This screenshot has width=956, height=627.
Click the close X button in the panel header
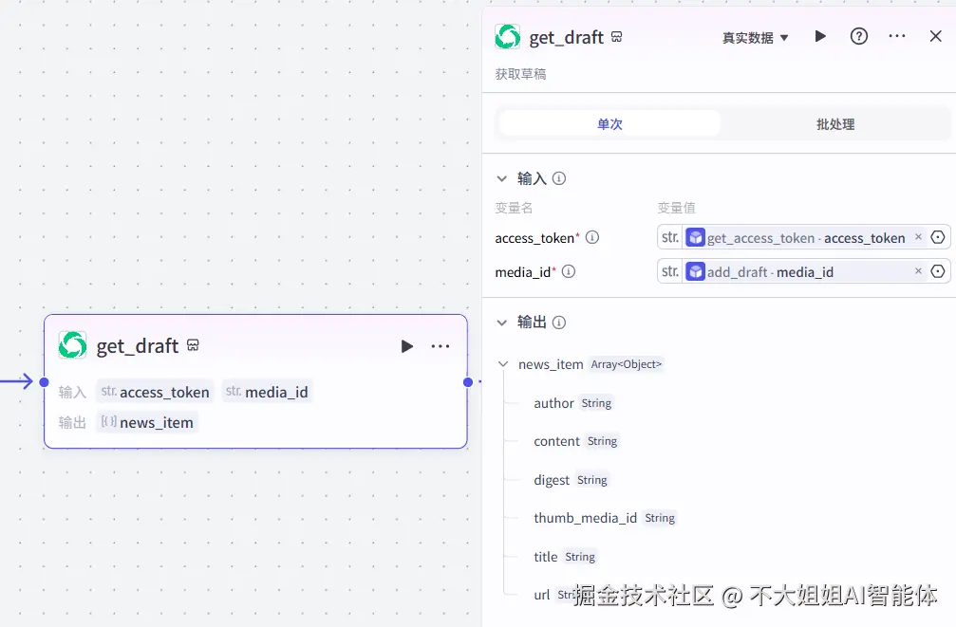click(935, 36)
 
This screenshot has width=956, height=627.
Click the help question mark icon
click(858, 36)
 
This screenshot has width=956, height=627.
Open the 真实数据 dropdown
click(756, 38)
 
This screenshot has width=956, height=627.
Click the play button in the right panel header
click(820, 36)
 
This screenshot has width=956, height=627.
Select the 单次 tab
click(609, 124)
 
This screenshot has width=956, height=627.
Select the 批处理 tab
click(835, 124)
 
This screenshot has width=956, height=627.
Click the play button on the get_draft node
click(406, 346)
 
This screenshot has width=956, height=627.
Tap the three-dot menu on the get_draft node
click(441, 346)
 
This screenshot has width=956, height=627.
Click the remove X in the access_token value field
click(918, 237)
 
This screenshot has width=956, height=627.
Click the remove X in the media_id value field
click(918, 271)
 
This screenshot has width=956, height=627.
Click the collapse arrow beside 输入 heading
click(502, 178)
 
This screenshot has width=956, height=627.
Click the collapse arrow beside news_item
click(502, 364)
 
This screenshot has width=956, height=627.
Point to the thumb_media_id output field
click(585, 518)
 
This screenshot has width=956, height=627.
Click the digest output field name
click(552, 480)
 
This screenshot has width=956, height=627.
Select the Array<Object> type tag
click(627, 364)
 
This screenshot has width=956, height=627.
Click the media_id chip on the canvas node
click(267, 392)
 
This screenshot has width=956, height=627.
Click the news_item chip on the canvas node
click(147, 422)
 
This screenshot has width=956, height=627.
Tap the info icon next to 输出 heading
click(559, 323)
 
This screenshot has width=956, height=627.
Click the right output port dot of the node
click(468, 382)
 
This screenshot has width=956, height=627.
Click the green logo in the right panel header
click(508, 37)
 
